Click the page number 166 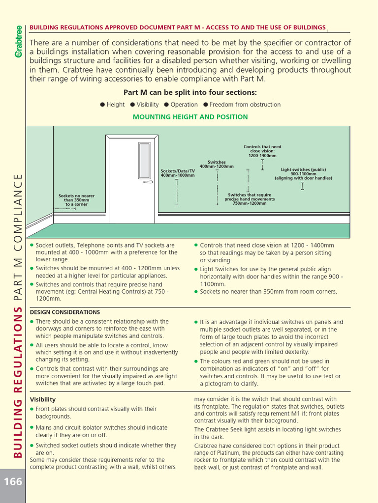click(13, 481)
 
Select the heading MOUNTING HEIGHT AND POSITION click(190, 117)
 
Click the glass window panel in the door click(144, 160)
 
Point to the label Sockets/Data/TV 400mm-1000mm click(178, 173)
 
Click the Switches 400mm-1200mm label click(217, 164)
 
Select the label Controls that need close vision click(262, 151)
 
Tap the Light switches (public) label click(303, 173)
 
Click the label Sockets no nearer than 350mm click(76, 199)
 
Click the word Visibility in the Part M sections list click(148, 105)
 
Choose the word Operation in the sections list click(184, 105)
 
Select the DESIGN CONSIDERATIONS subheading click(65, 312)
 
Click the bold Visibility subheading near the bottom click(43, 399)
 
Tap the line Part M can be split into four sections click(190, 93)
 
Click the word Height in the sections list click(116, 105)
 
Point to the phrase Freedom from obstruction click(245, 105)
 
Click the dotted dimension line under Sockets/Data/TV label click(177, 192)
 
